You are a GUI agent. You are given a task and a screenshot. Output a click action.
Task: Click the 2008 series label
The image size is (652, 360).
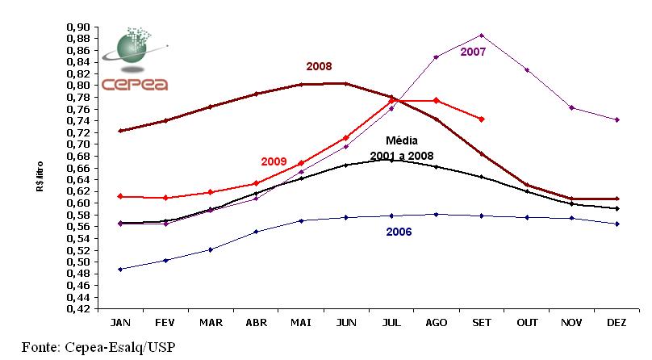[318, 66]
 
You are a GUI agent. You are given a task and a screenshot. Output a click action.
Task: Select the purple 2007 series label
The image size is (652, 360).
[474, 52]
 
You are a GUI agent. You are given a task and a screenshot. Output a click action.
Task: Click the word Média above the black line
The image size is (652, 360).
[401, 140]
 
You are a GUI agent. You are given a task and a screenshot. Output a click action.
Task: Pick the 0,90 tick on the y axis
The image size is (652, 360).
[78, 27]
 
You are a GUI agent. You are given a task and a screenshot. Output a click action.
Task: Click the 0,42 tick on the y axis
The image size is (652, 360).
[78, 308]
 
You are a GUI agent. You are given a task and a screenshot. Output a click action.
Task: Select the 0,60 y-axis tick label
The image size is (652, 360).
[78, 203]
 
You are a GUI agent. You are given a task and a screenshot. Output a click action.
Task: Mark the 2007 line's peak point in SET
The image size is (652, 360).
[481, 36]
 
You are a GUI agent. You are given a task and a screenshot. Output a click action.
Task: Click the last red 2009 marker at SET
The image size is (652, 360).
[481, 119]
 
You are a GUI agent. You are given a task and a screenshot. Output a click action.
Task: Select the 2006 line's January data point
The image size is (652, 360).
[119, 269]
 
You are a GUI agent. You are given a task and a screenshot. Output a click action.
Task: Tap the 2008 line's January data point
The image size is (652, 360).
[119, 131]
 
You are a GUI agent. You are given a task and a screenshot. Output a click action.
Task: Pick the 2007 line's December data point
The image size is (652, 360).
[616, 119]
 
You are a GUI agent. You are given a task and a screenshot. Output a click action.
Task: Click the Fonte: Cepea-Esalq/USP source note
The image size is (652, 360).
[98, 348]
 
